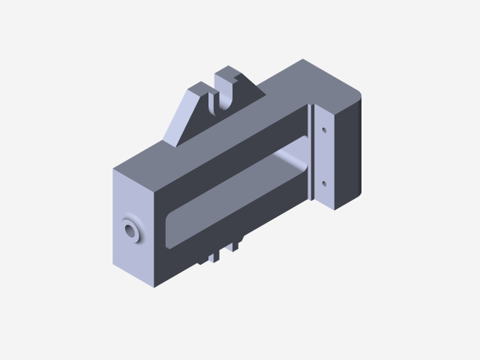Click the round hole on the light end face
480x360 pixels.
tap(131, 229)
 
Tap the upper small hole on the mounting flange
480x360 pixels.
tap(324, 130)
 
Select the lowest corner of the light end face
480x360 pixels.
tap(153, 286)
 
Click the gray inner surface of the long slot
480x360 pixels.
tap(225, 202)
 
